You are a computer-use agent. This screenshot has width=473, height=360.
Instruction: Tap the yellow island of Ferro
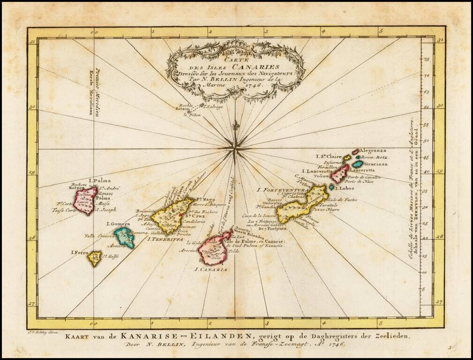pos(95,257)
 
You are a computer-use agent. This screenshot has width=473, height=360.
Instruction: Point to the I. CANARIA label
pos(210,270)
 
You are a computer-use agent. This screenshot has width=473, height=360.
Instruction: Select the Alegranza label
pos(373,151)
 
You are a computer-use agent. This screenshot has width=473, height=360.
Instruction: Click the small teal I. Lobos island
pos(331,187)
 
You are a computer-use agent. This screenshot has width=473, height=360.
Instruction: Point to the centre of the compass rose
pos(234,150)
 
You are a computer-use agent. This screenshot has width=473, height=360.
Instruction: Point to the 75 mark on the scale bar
pos(426,60)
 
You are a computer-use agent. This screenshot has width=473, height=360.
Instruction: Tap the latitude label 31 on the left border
pos(32,42)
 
